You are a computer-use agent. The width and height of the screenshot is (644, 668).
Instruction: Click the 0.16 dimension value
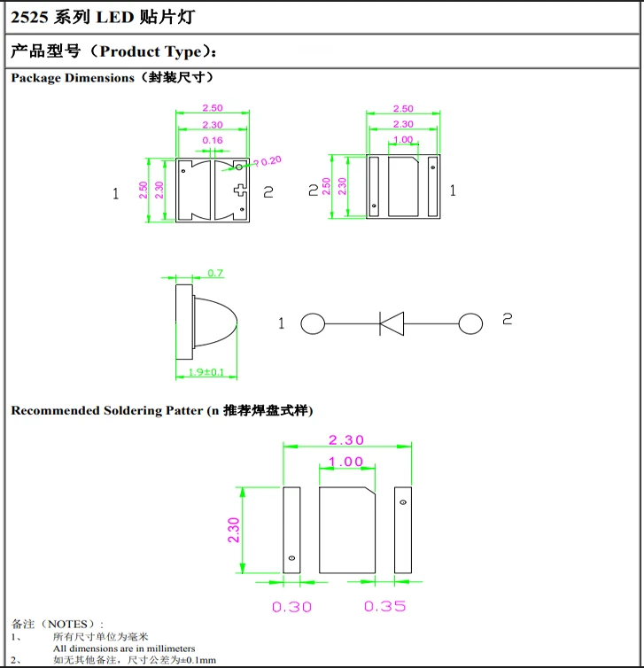point(213,141)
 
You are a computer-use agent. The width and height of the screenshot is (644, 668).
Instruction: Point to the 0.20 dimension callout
point(269,160)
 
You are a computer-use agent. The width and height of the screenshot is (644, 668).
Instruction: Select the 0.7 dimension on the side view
point(215,273)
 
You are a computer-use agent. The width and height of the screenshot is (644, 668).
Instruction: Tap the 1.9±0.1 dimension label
point(206,373)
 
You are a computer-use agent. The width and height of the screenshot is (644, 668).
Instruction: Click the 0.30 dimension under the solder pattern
point(291,607)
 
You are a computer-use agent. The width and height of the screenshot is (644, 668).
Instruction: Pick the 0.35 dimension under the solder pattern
point(384,607)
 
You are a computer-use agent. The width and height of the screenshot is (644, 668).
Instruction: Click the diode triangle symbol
point(392,322)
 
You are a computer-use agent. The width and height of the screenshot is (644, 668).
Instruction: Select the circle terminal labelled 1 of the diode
point(313,323)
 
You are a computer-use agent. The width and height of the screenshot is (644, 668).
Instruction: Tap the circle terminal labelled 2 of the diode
point(470,323)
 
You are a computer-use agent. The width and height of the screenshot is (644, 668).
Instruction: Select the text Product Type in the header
point(151,51)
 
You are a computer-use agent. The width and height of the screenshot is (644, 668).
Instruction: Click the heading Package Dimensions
point(73,78)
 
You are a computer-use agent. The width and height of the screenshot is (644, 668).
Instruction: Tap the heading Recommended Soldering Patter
point(106,411)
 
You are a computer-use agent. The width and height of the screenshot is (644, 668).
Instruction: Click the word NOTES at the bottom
point(67,625)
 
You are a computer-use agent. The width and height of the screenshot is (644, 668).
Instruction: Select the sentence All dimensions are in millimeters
point(123,649)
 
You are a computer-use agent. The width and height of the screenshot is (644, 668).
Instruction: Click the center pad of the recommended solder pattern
point(346,529)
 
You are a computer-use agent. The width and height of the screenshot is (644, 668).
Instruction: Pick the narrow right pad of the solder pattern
point(402,529)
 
